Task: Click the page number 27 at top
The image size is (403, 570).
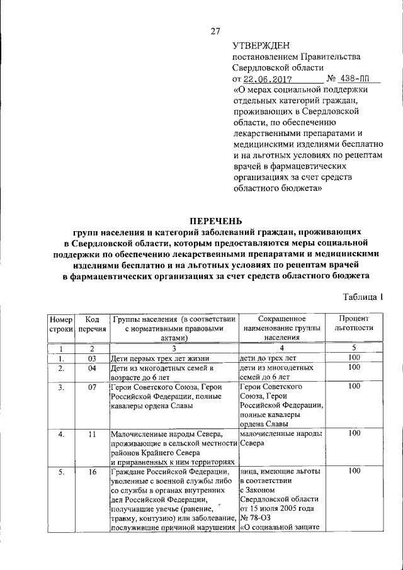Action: tap(215, 32)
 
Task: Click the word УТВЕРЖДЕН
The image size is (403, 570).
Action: tap(261, 45)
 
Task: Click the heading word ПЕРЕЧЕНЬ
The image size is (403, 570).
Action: tap(217, 220)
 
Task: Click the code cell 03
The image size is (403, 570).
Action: tap(92, 358)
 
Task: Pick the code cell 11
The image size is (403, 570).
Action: tap(92, 434)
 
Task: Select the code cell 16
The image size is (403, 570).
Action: tap(92, 472)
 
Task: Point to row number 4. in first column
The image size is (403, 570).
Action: tap(60, 434)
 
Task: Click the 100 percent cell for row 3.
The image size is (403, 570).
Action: tap(354, 386)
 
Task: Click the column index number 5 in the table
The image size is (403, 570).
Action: tap(354, 348)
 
